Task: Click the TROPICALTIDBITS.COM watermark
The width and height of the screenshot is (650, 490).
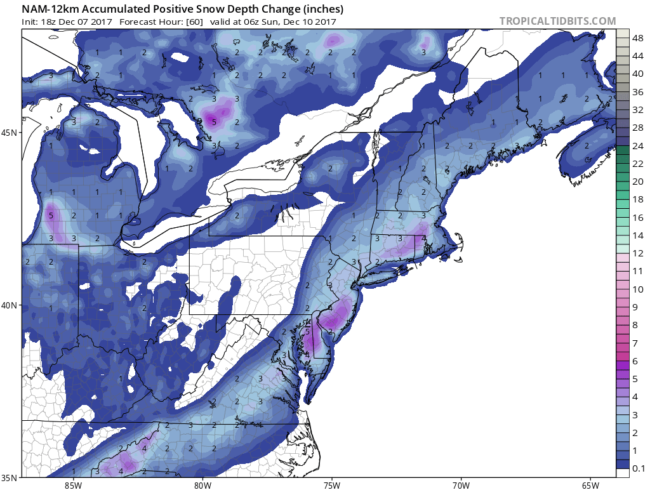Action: (x=557, y=21)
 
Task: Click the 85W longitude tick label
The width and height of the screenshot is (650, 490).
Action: (x=73, y=486)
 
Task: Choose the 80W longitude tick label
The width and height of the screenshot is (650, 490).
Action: (x=202, y=486)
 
